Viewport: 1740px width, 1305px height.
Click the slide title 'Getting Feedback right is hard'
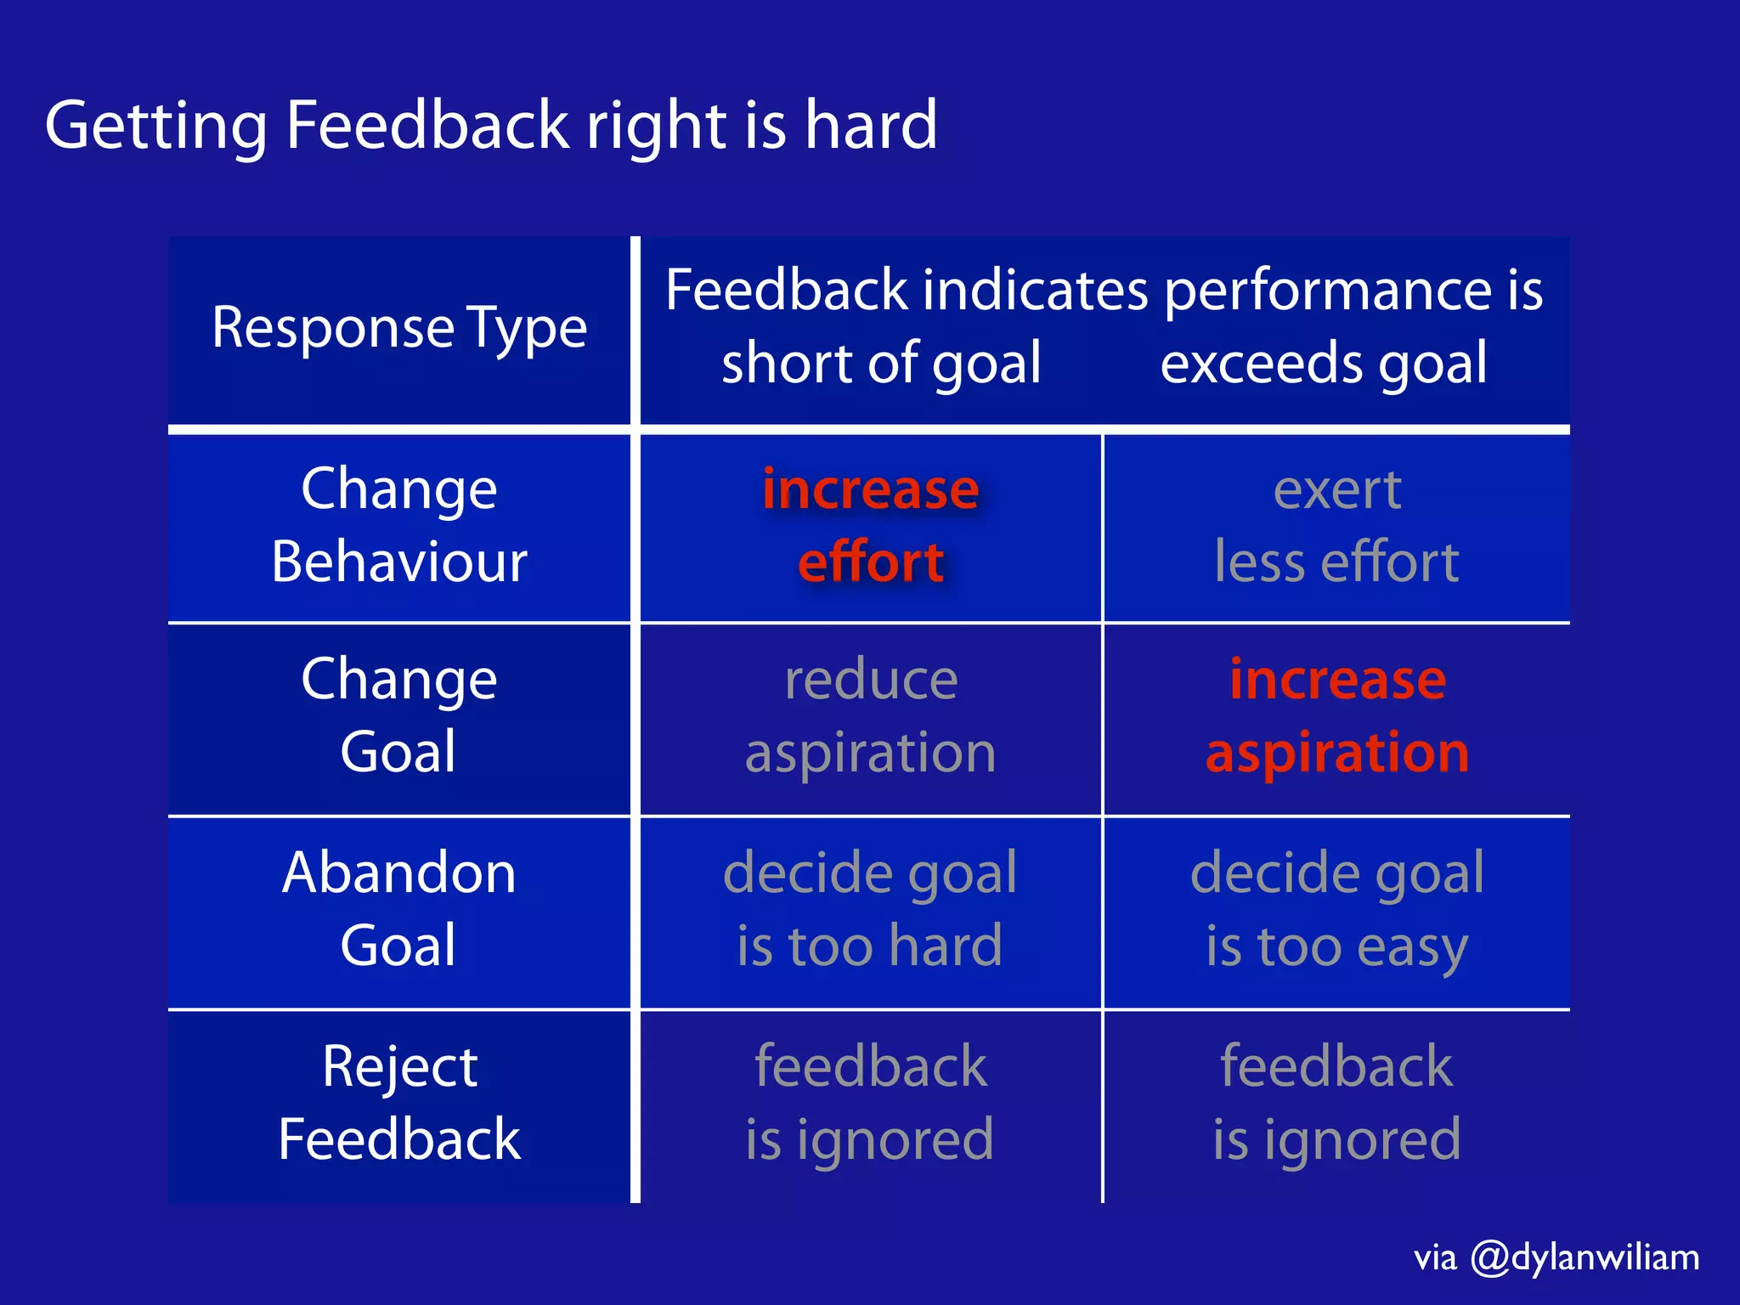click(491, 125)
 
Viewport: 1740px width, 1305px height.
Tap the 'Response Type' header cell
click(399, 328)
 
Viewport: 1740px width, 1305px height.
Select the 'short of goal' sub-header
click(881, 363)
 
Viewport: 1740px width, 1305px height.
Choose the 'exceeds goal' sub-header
click(1324, 363)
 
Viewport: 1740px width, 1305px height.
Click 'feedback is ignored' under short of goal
click(870, 1102)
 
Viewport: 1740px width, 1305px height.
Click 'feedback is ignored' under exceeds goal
click(1336, 1102)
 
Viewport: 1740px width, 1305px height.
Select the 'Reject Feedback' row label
click(399, 1102)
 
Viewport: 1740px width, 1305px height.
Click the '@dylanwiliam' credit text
click(1585, 1257)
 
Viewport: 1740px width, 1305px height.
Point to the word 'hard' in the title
click(871, 125)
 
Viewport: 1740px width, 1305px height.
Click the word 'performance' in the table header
click(1327, 291)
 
